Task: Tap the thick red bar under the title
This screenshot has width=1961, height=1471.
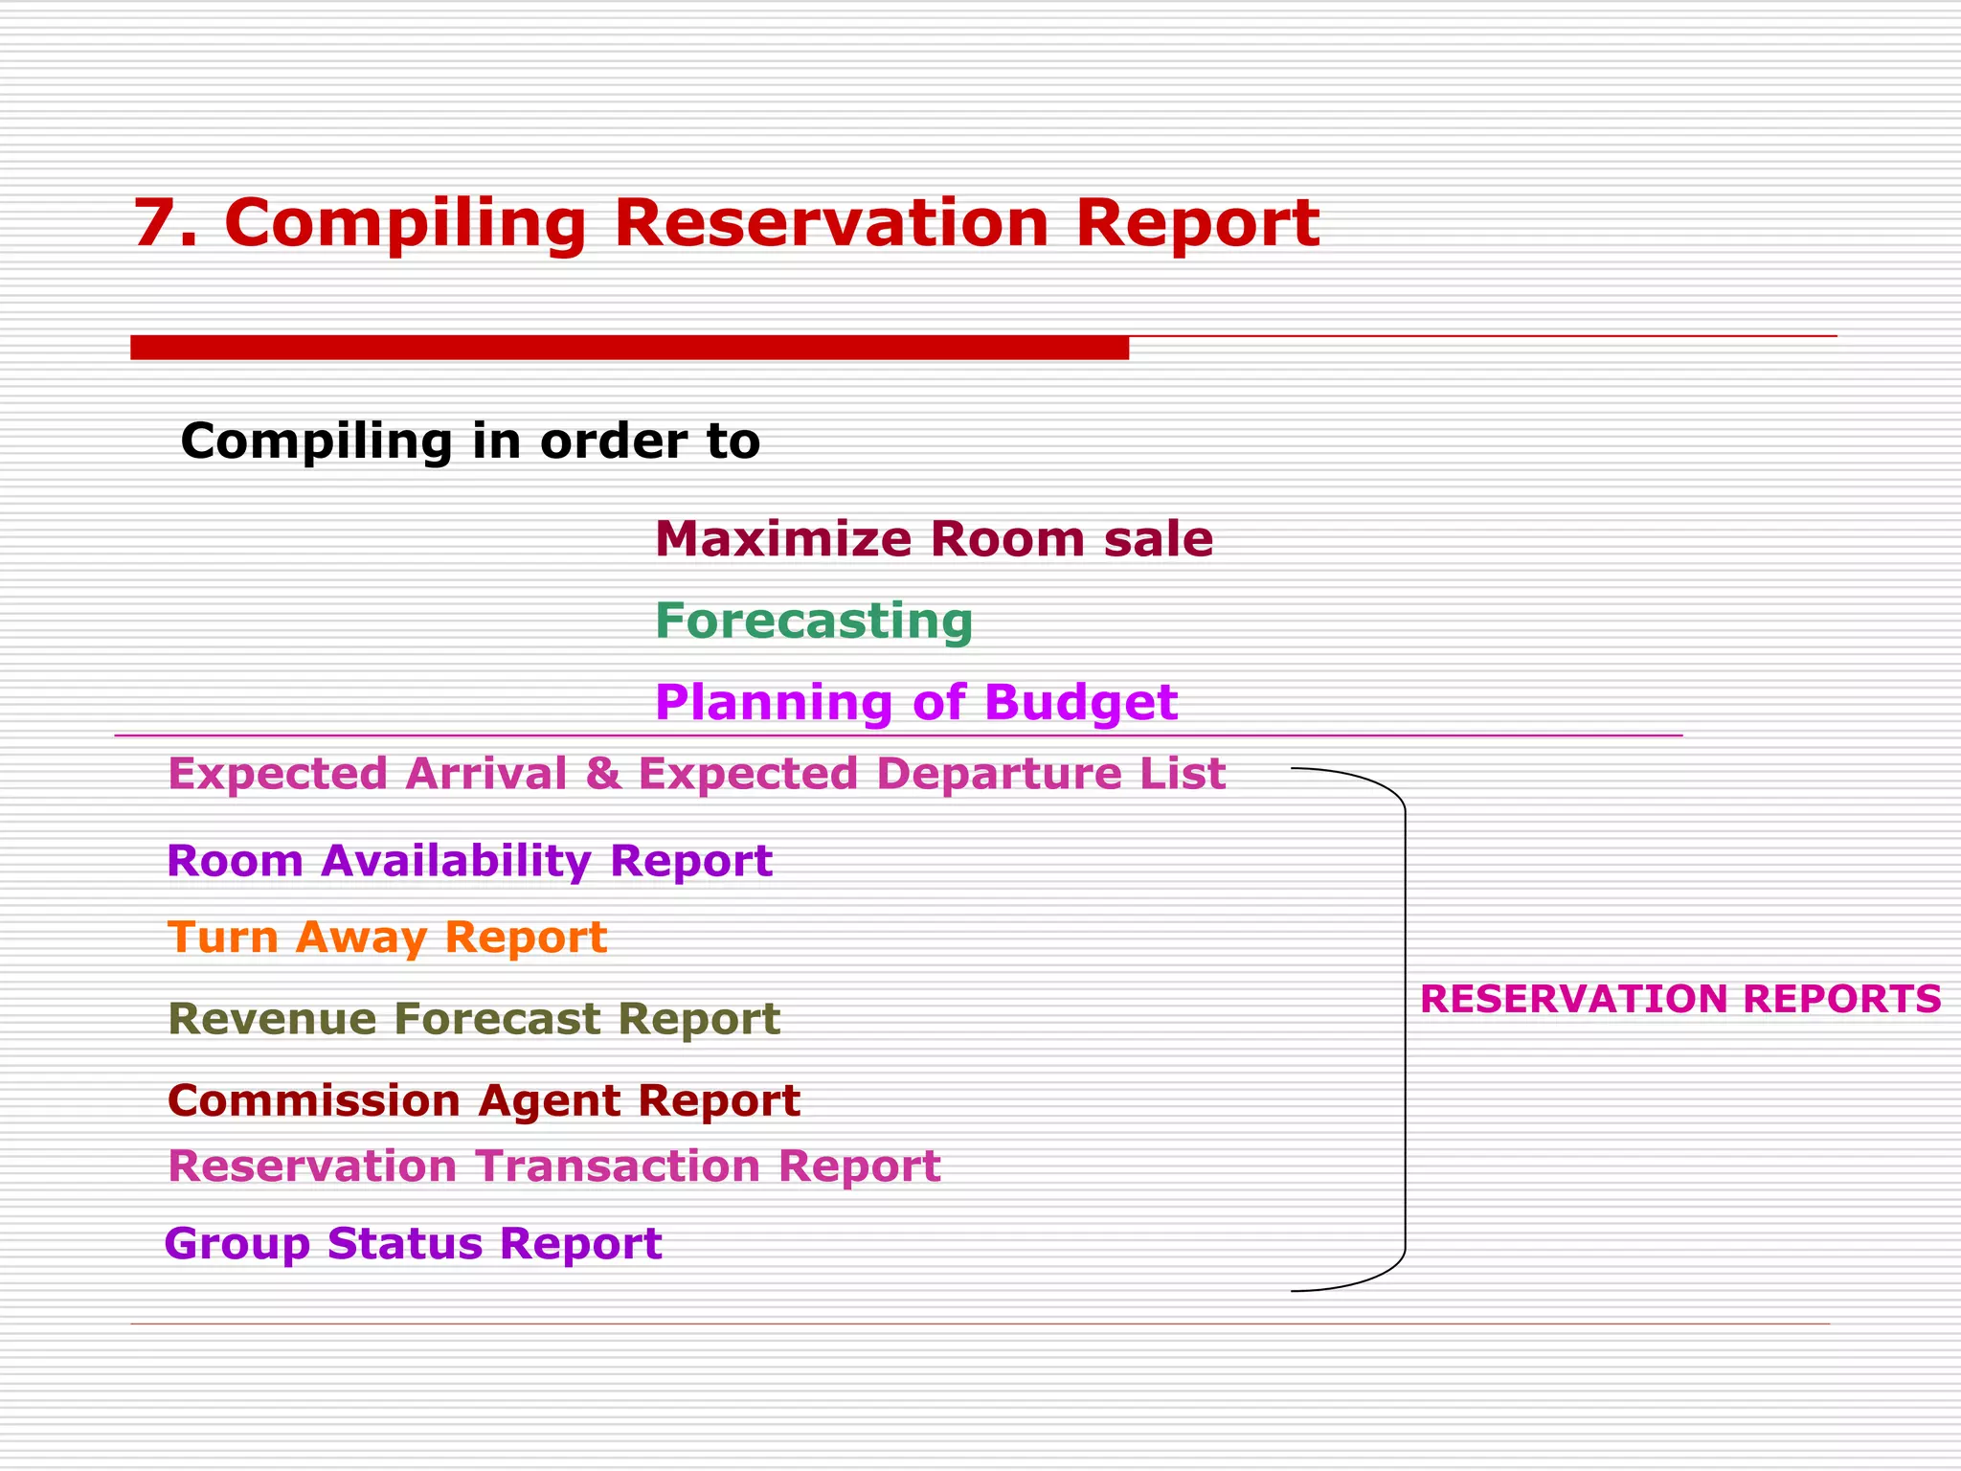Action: coord(629,348)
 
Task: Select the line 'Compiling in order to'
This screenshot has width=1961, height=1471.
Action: coord(470,441)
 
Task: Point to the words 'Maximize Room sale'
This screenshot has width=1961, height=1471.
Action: coord(934,538)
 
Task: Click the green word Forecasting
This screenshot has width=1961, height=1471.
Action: coord(814,621)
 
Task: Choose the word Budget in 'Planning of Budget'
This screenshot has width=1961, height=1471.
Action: coord(1080,703)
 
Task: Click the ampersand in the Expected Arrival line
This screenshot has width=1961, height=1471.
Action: coord(603,773)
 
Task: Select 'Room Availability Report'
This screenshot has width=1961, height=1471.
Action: coord(469,860)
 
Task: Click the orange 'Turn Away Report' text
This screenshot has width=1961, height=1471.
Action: coord(387,937)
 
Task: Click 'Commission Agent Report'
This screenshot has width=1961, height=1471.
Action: coord(484,1100)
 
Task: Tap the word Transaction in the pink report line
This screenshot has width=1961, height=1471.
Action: coord(618,1166)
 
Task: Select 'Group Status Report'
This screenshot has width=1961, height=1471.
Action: coord(413,1243)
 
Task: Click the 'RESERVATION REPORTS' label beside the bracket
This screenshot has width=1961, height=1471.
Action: coord(1679,999)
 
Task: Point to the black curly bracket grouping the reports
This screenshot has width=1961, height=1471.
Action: coord(1405,1030)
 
